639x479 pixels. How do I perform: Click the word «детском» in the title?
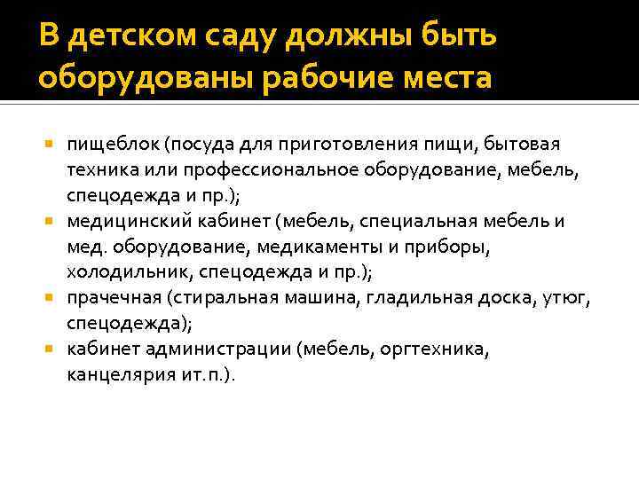coord(123,37)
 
